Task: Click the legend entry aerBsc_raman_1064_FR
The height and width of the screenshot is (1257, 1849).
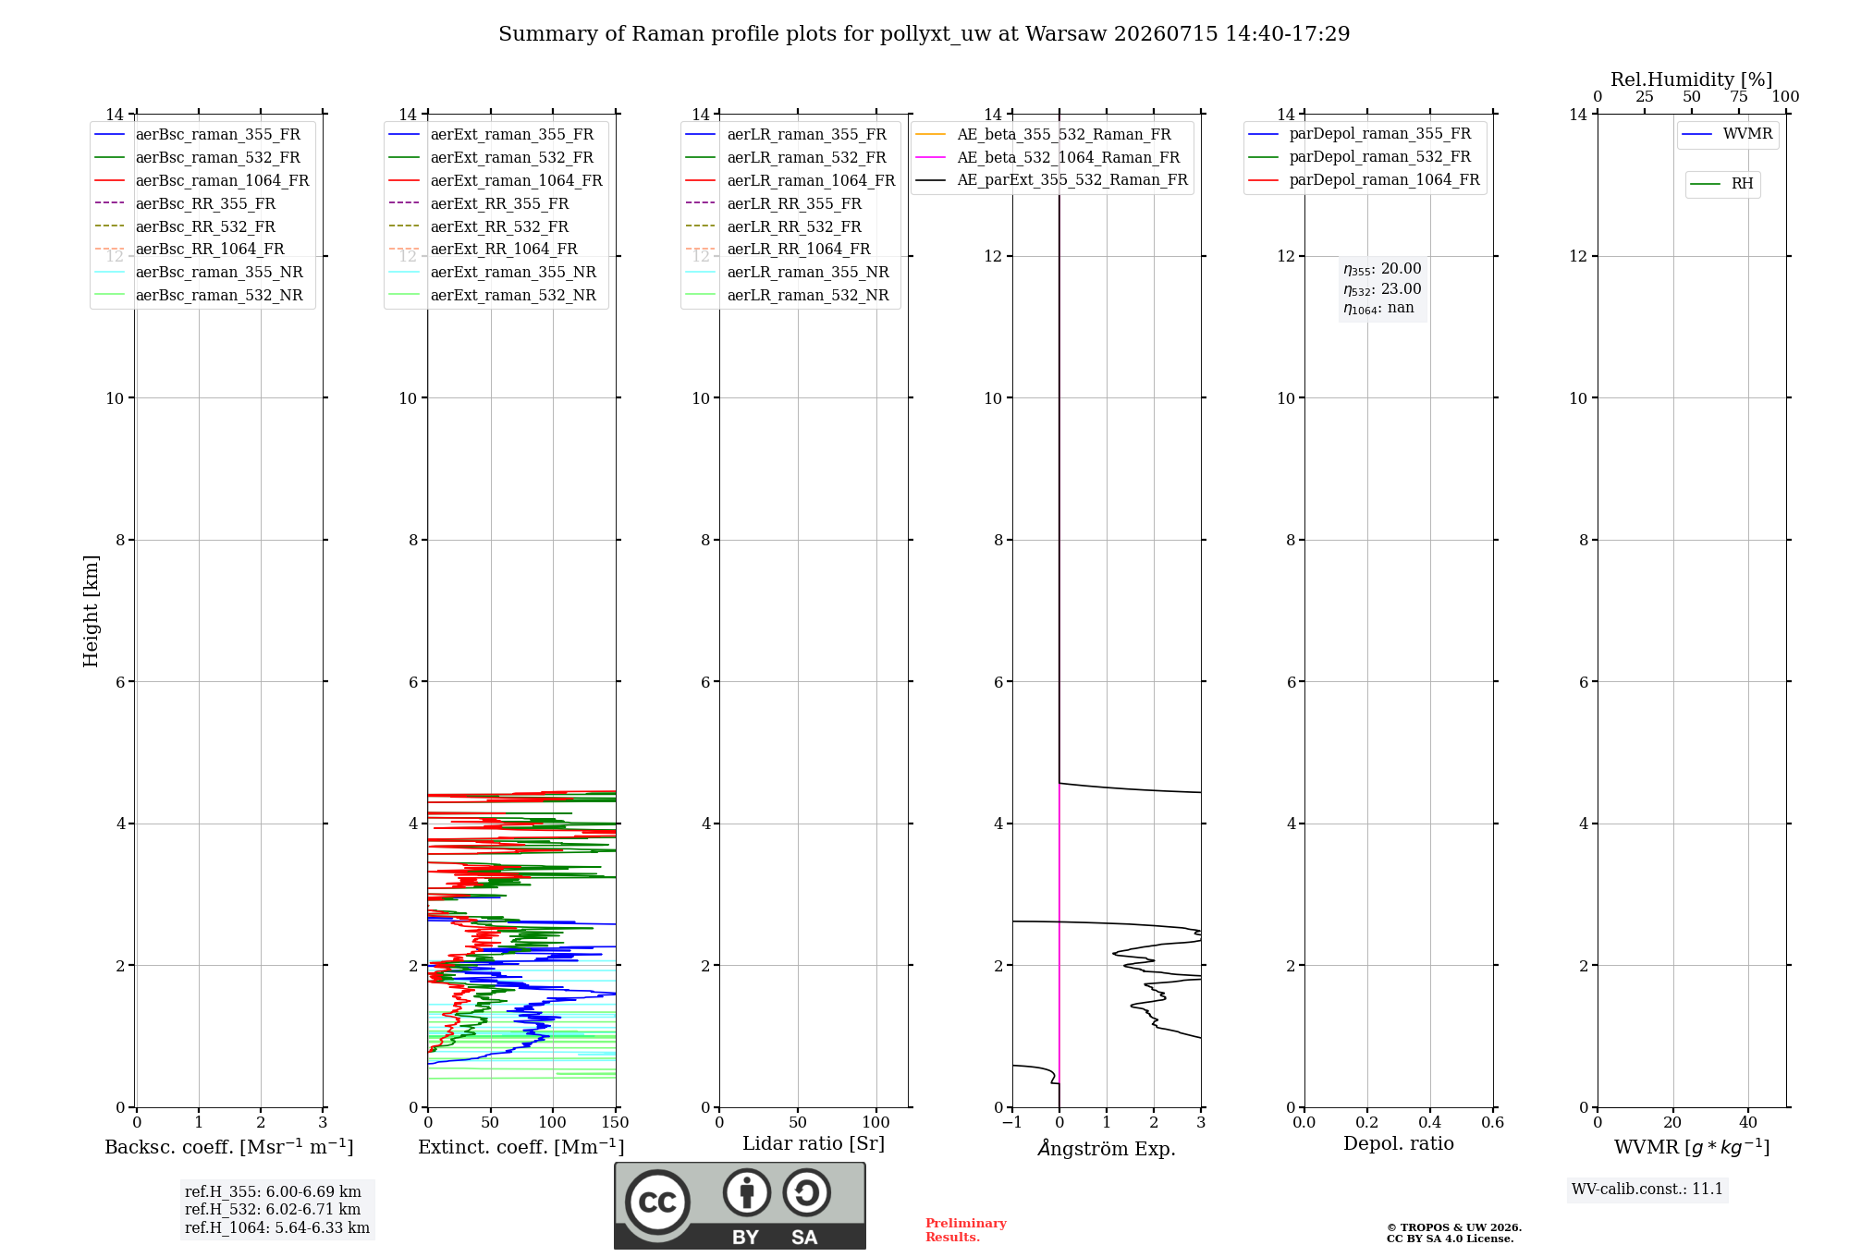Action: (x=222, y=180)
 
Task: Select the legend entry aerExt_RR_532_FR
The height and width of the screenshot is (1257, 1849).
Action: (x=499, y=226)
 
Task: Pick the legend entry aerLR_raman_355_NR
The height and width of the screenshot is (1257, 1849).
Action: (x=808, y=272)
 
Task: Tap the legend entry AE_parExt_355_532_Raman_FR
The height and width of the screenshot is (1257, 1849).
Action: (x=1072, y=179)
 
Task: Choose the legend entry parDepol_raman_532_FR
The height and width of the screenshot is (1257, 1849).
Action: (x=1380, y=157)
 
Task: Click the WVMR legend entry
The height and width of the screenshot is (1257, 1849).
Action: (x=1747, y=134)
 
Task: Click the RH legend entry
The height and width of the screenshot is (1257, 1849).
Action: (x=1742, y=184)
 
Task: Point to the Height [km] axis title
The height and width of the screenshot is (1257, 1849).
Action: (x=91, y=611)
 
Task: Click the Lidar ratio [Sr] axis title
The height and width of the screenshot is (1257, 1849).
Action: (x=814, y=1143)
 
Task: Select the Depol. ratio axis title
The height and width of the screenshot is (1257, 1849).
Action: (x=1399, y=1143)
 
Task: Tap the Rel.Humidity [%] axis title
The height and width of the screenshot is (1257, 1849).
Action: (x=1692, y=79)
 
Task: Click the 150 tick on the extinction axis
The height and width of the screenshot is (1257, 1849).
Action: (x=615, y=1123)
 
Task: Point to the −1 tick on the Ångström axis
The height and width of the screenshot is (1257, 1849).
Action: (x=1011, y=1123)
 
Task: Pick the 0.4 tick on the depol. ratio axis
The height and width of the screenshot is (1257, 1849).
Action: (x=1430, y=1123)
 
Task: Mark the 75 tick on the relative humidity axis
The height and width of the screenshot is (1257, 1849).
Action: (x=1739, y=97)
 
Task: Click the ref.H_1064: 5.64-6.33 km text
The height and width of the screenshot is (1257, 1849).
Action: (x=277, y=1228)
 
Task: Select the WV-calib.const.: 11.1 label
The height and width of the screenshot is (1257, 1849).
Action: (x=1647, y=1190)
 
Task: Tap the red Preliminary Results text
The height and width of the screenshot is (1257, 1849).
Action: (x=966, y=1230)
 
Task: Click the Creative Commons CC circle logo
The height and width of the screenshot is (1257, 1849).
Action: (x=657, y=1202)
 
